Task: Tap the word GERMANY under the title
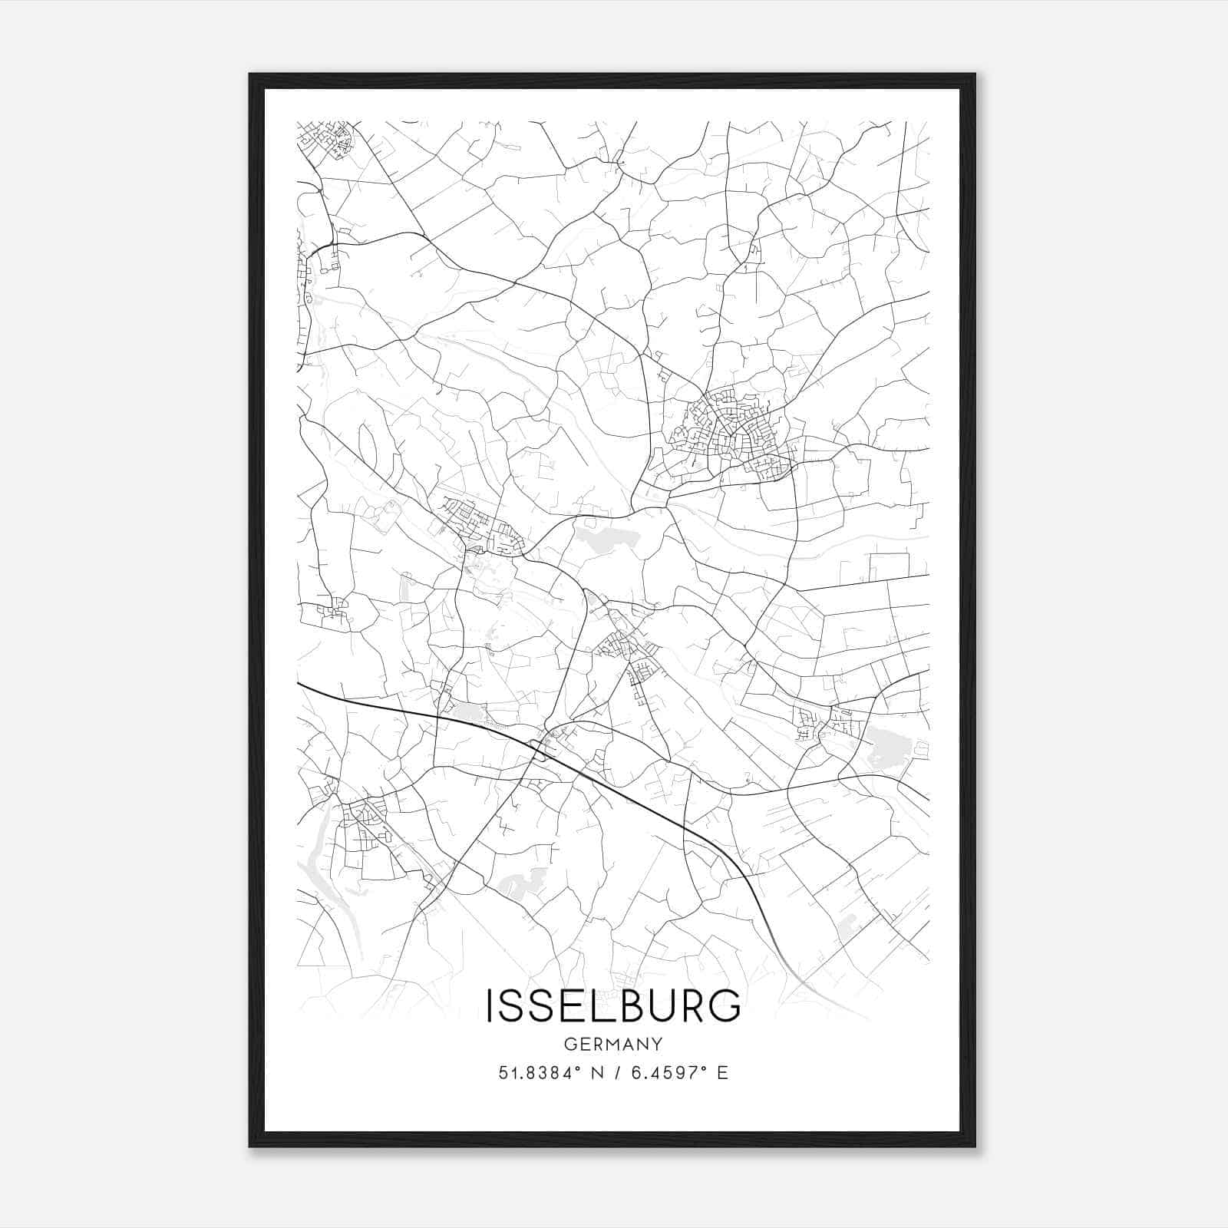click(613, 1044)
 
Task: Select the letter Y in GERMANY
click(657, 1044)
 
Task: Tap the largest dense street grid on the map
click(729, 434)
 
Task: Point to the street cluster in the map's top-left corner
click(328, 138)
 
